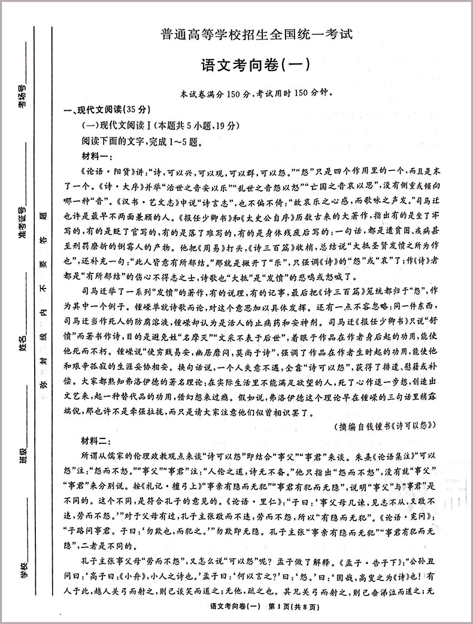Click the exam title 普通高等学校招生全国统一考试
click(x=257, y=35)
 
